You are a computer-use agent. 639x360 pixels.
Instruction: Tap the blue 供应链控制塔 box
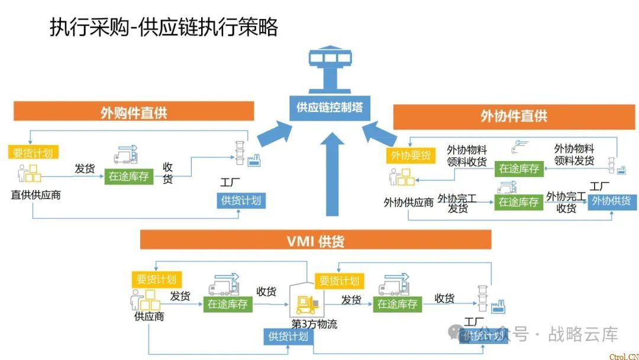(x=330, y=108)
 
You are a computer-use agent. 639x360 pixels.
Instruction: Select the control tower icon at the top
(x=330, y=67)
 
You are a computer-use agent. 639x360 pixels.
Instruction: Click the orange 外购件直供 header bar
(x=134, y=112)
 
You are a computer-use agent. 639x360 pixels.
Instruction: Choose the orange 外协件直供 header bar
(x=514, y=116)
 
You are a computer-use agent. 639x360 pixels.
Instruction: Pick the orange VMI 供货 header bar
(x=315, y=240)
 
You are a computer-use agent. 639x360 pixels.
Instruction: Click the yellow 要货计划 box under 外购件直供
(x=33, y=152)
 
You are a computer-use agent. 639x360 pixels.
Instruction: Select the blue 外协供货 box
(x=611, y=201)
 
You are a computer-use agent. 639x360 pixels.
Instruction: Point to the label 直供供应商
(x=35, y=194)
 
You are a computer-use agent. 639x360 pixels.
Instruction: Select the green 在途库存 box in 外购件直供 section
(x=128, y=176)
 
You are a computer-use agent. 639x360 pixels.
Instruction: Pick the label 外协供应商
(x=408, y=202)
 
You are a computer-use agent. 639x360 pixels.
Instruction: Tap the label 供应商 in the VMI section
(x=149, y=316)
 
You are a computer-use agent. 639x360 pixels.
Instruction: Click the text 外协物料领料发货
(x=573, y=155)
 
